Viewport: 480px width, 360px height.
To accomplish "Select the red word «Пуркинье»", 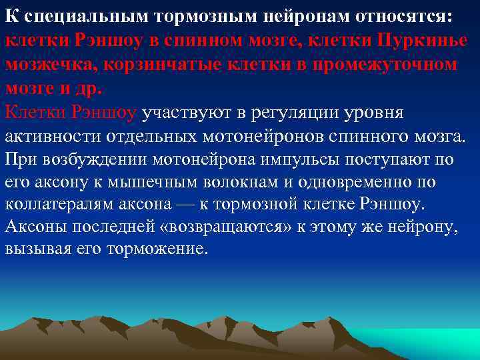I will (421, 39).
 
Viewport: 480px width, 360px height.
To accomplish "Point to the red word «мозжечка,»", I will (47, 64).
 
